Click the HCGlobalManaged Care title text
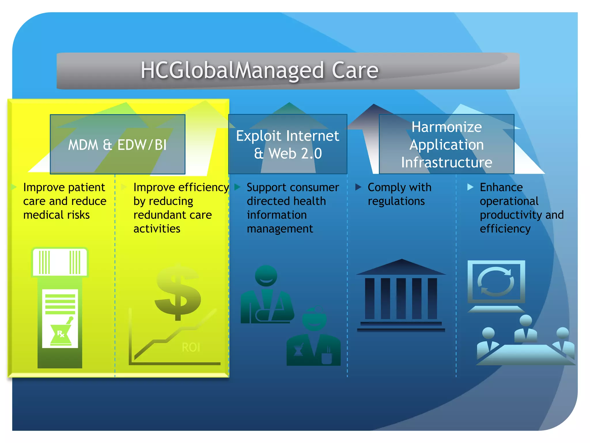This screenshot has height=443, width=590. tap(259, 71)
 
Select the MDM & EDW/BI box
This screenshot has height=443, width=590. tap(118, 144)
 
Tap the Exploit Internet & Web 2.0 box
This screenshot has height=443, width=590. tap(288, 144)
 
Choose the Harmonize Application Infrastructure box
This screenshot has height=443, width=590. tap(447, 144)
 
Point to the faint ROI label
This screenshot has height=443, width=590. tap(191, 347)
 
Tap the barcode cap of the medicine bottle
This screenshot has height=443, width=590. tap(60, 262)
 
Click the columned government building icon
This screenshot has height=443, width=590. tap(401, 296)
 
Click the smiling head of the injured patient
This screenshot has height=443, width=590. tap(266, 276)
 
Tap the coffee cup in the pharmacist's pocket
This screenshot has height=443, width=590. tap(327, 358)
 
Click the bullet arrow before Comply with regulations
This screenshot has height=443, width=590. tap(358, 187)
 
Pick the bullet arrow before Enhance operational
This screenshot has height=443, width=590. tap(470, 187)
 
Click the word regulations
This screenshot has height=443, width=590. tap(396, 201)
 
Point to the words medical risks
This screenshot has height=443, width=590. tap(56, 215)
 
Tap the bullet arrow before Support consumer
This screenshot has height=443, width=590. tap(237, 187)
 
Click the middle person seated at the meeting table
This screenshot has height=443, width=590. tap(526, 329)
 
